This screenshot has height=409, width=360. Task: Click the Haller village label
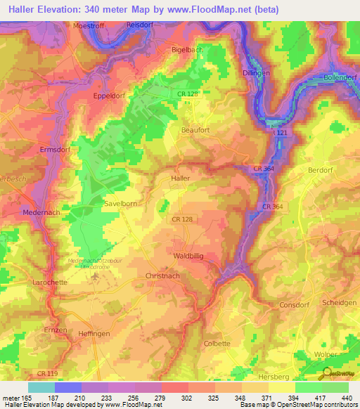click(x=181, y=178)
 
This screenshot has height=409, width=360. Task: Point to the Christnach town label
click(x=163, y=277)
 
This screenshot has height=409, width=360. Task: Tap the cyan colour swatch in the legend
click(x=41, y=387)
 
